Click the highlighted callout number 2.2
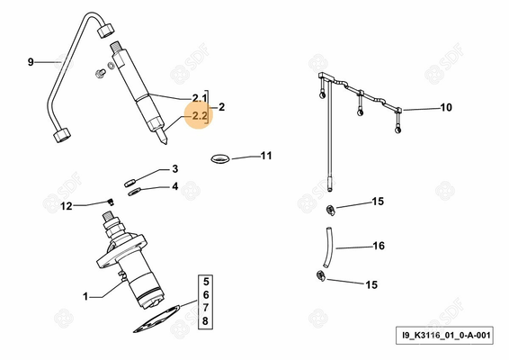(200, 115)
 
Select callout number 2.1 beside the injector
(200, 98)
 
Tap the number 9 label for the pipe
(31, 62)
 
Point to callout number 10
(446, 107)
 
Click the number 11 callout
(266, 156)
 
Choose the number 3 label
(175, 169)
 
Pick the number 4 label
(175, 186)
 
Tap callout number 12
(67, 206)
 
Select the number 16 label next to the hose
(379, 246)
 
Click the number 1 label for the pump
(85, 296)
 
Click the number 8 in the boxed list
(205, 321)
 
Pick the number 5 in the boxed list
(206, 281)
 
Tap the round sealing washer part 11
(220, 159)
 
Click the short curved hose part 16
(328, 247)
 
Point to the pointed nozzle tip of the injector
(165, 141)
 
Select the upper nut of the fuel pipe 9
(106, 31)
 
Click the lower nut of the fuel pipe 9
(62, 135)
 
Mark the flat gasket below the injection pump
(156, 319)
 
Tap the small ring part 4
(134, 192)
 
